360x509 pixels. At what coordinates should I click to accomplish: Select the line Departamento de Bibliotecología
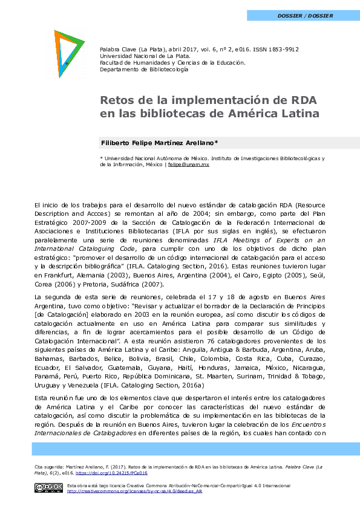coord(144,70)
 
